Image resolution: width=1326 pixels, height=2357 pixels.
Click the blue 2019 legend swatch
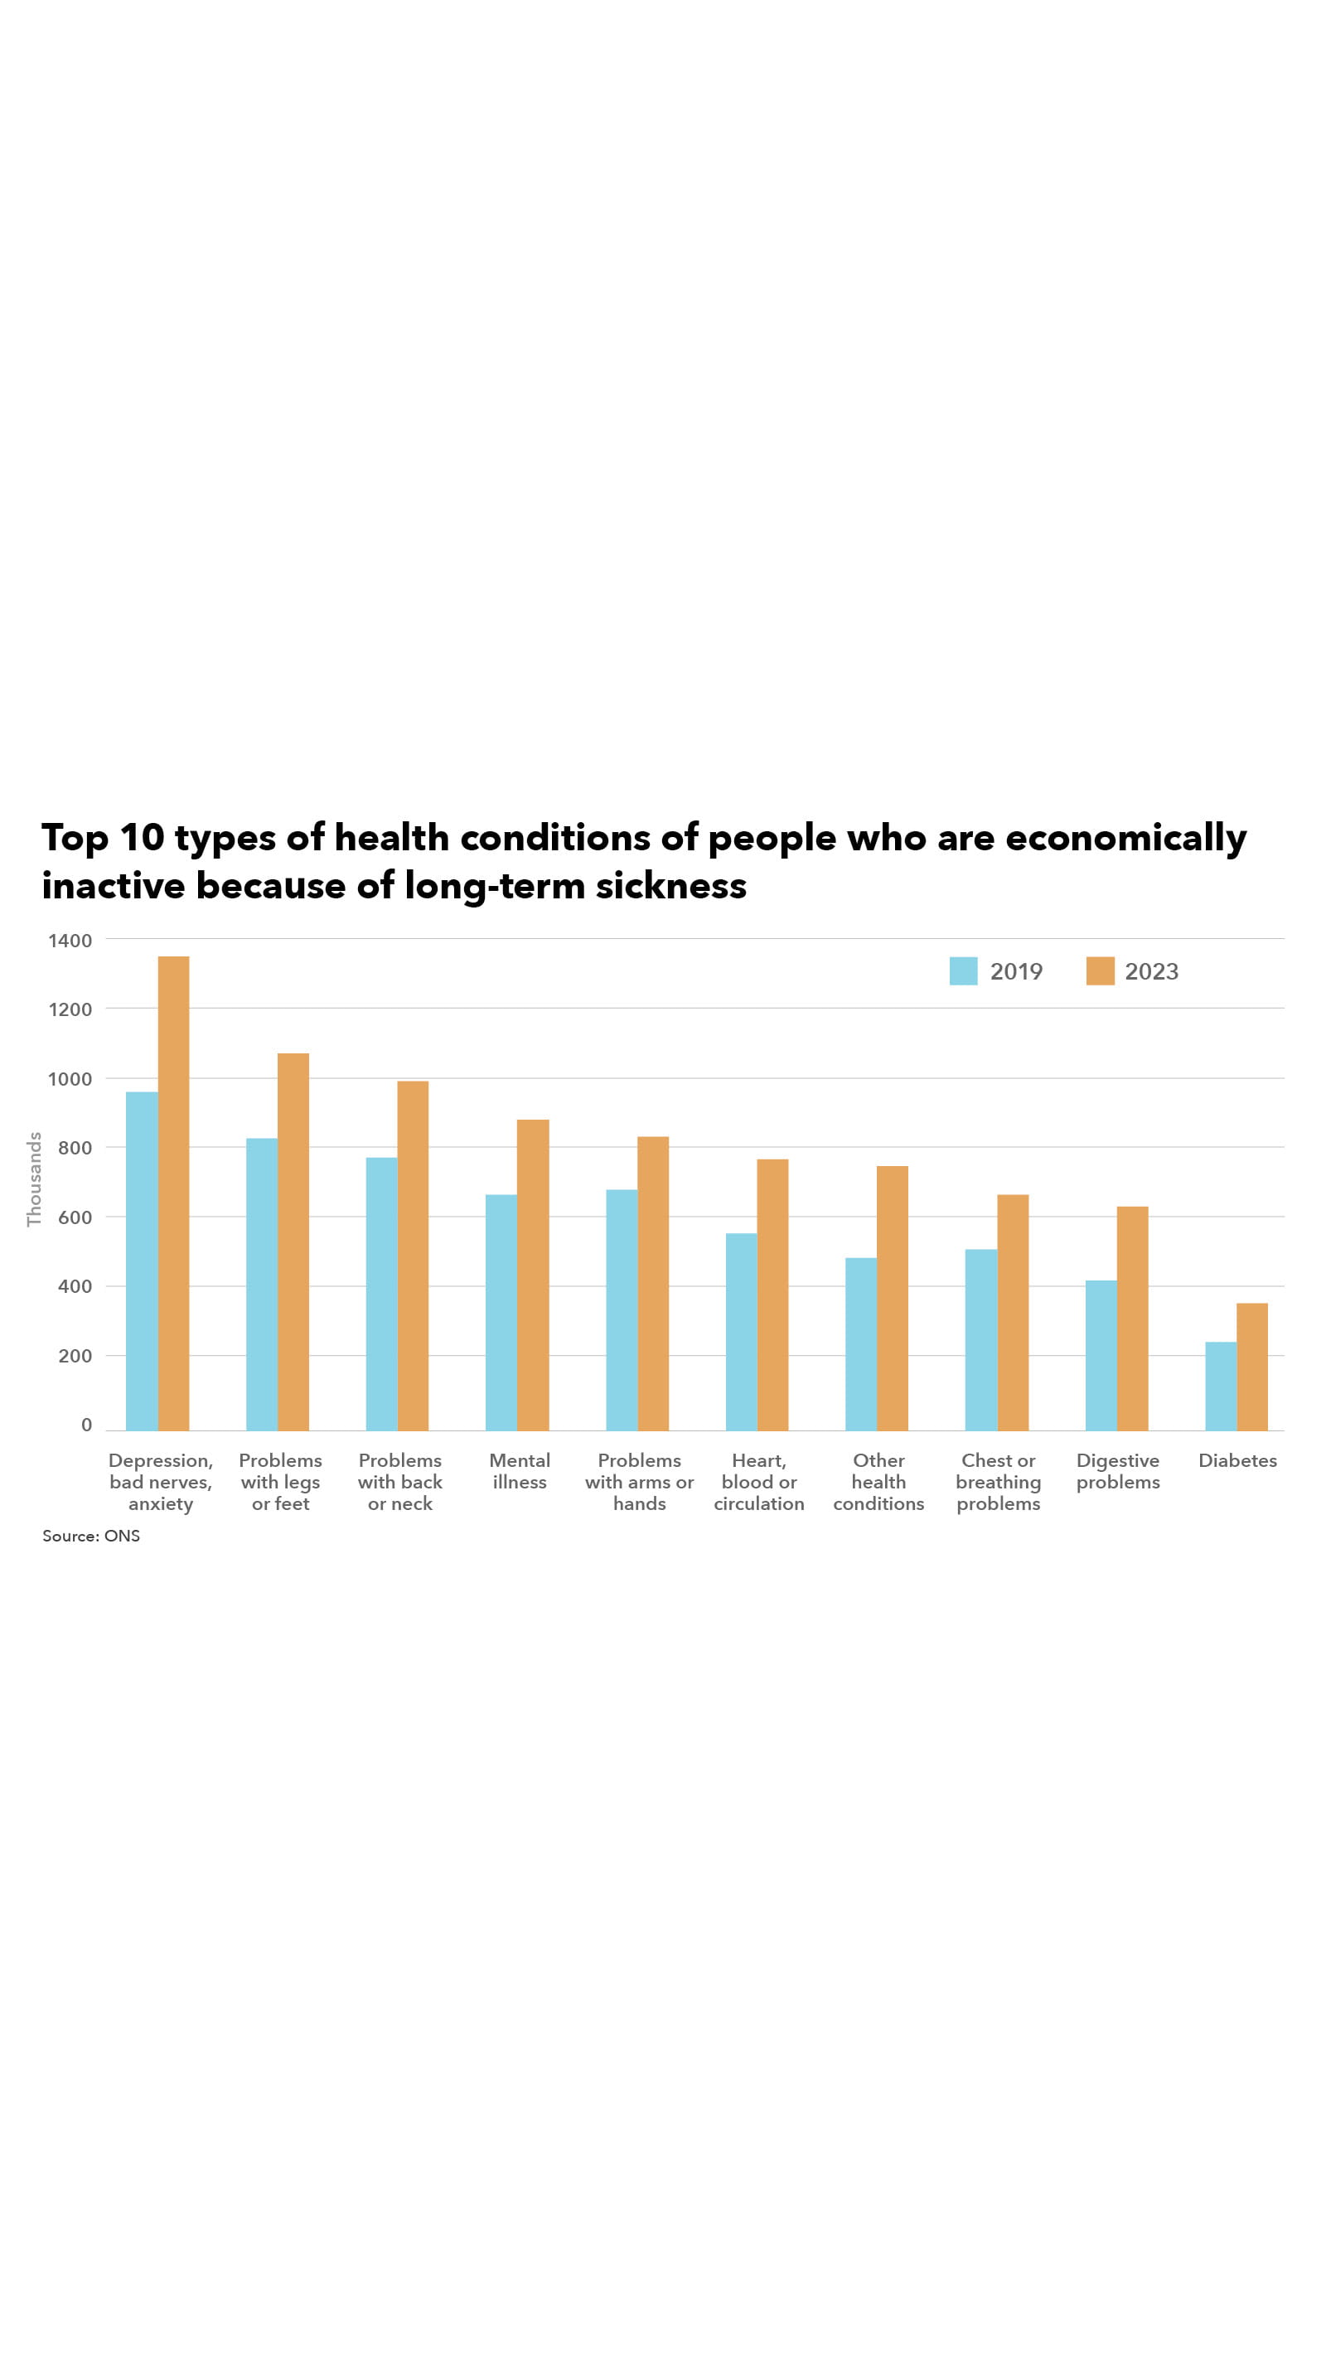(963, 970)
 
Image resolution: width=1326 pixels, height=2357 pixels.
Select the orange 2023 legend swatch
(1099, 970)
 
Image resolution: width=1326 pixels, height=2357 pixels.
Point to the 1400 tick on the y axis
(70, 940)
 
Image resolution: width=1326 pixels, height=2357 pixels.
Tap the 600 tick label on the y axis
(75, 1217)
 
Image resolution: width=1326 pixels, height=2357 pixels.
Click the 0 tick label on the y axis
(86, 1425)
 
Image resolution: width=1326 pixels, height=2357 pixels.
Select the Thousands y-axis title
(34, 1178)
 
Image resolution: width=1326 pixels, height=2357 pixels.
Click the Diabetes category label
(1237, 1460)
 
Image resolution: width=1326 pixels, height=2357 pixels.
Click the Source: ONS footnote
(90, 1536)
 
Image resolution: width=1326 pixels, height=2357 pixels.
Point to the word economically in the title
(1125, 837)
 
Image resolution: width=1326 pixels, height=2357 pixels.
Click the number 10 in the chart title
(141, 837)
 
